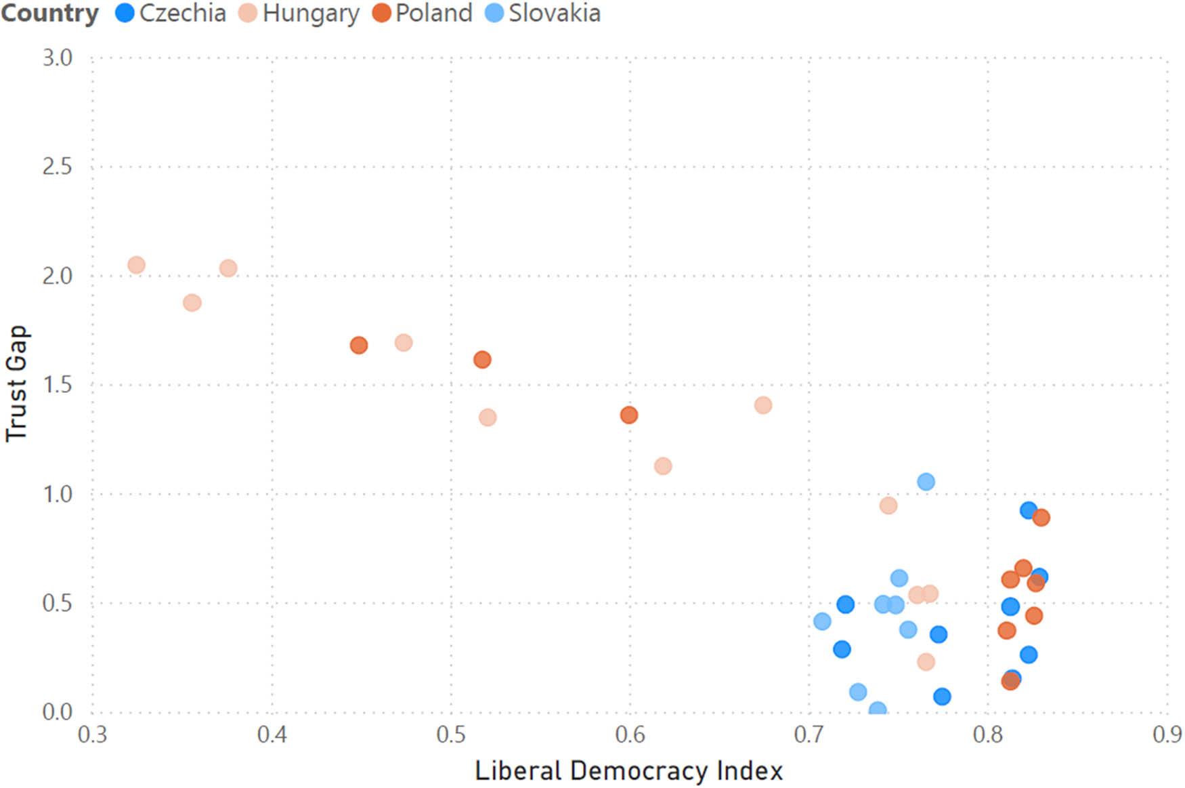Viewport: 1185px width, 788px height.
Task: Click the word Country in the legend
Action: pos(49,14)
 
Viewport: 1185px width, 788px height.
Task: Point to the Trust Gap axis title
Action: pos(16,383)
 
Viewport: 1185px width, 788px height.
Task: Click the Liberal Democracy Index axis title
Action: pos(628,771)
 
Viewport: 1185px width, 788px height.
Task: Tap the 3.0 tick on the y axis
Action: pos(57,58)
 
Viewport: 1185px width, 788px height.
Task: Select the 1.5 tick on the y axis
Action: pos(57,385)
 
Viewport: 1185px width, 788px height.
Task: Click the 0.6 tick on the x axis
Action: pos(630,734)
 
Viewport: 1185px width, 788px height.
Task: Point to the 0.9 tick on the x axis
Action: pos(1167,734)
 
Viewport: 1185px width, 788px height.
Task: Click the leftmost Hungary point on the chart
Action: pos(136,265)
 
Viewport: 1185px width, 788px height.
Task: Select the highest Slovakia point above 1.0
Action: pos(926,482)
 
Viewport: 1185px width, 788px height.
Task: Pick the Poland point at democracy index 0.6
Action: pos(629,415)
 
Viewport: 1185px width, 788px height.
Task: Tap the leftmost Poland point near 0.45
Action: pos(359,346)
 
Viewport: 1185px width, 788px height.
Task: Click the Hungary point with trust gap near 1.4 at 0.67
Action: pos(763,405)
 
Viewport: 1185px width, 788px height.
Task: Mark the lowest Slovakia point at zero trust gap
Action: pos(878,710)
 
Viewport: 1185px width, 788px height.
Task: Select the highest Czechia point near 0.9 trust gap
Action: pos(1029,510)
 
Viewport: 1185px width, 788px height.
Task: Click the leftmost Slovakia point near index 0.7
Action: pos(822,621)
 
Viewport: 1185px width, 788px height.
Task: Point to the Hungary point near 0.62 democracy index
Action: pos(663,466)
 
